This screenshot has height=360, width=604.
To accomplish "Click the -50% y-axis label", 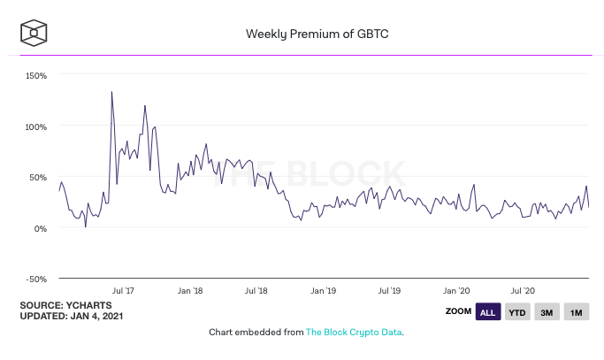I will point(35,279).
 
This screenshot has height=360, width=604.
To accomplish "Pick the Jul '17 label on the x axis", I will point(123,290).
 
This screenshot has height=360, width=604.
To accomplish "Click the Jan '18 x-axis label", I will point(190,290).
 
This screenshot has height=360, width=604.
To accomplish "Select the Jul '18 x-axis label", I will point(256,290).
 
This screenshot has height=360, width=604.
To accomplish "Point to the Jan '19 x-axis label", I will point(324,290).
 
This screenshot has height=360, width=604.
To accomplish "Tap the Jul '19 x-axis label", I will point(390,290).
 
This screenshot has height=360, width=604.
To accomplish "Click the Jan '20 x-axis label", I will point(457,290).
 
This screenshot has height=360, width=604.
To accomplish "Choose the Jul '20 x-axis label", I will point(524,290).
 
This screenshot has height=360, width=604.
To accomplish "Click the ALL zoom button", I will point(487,312).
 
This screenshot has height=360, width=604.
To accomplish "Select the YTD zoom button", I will point(516,312).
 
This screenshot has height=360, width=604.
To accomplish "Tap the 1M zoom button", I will point(576,312).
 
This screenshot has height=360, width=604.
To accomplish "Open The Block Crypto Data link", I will point(354,333).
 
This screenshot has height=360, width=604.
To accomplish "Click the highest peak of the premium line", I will point(111,91).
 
